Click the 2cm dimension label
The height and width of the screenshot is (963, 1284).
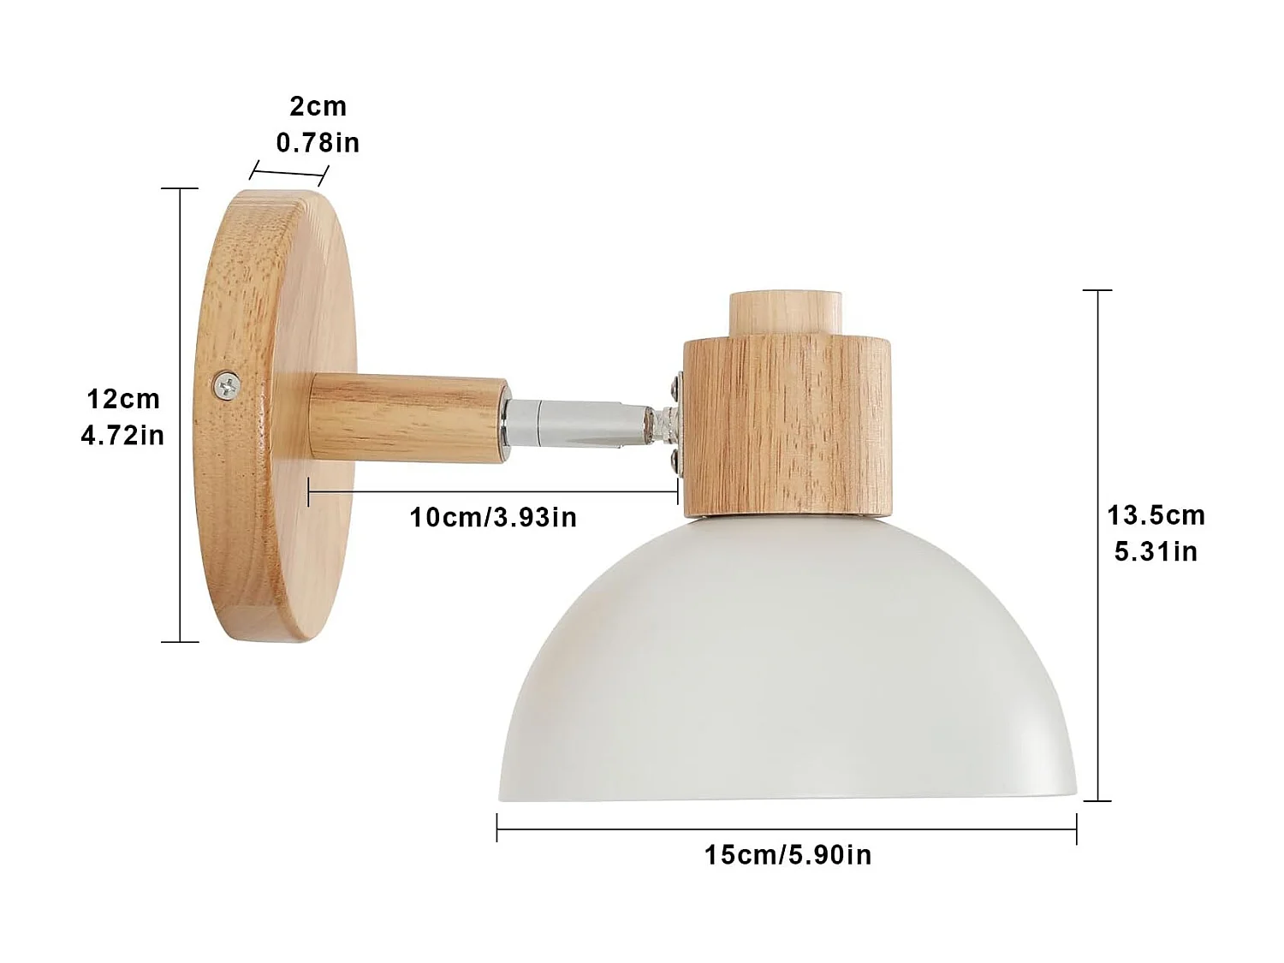pos(318,107)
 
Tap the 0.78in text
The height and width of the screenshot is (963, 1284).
pos(318,142)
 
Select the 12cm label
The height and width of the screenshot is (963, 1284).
pos(123,399)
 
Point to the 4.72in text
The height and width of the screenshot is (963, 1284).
pos(122,436)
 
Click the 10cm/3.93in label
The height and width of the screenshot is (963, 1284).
pos(493,518)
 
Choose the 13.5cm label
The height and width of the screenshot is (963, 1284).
pos(1156,515)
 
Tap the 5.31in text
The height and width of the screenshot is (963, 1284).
pos(1156,552)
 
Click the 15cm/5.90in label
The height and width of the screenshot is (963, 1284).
pos(788,854)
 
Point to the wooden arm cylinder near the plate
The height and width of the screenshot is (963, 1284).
pos(407,418)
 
